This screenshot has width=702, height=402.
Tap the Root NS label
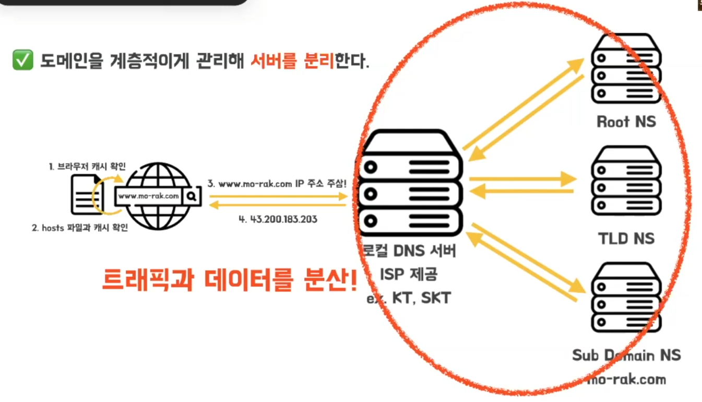[626, 122]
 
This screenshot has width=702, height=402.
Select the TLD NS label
[626, 239]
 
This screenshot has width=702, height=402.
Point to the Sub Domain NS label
[626, 356]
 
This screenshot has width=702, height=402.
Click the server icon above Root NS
[626, 69]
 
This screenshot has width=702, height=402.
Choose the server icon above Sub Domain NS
[626, 299]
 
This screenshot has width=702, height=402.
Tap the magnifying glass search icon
[192, 196]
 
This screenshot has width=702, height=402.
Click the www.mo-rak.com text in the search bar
[149, 196]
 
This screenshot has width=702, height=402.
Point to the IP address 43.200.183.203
[278, 219]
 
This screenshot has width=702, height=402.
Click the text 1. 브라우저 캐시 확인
[87, 167]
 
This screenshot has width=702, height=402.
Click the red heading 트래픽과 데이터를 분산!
[230, 281]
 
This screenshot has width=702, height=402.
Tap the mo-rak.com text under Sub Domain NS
[626, 379]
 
